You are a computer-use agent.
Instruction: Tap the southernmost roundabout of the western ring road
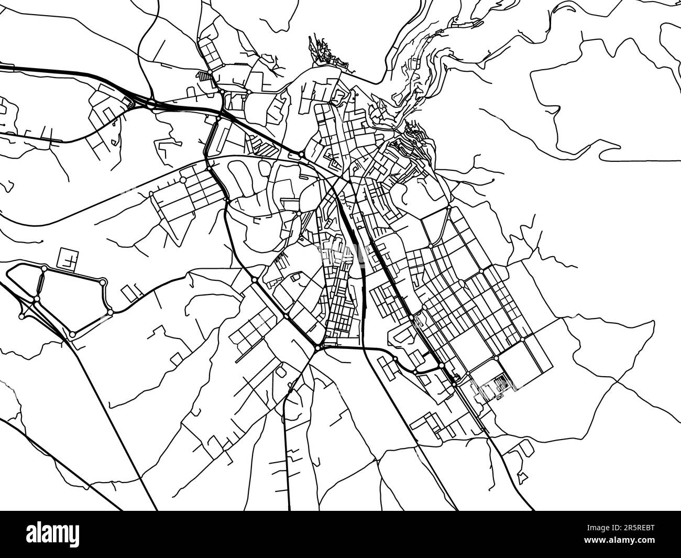[x=72, y=334]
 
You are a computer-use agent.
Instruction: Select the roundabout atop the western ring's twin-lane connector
[x=44, y=269]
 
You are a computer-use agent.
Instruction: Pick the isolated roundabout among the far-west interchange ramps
[x=21, y=316]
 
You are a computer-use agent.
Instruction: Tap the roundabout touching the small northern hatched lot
[x=210, y=72]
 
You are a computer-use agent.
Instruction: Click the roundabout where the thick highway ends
[x=302, y=154]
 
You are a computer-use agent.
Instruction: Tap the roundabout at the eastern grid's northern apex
[x=449, y=207]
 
